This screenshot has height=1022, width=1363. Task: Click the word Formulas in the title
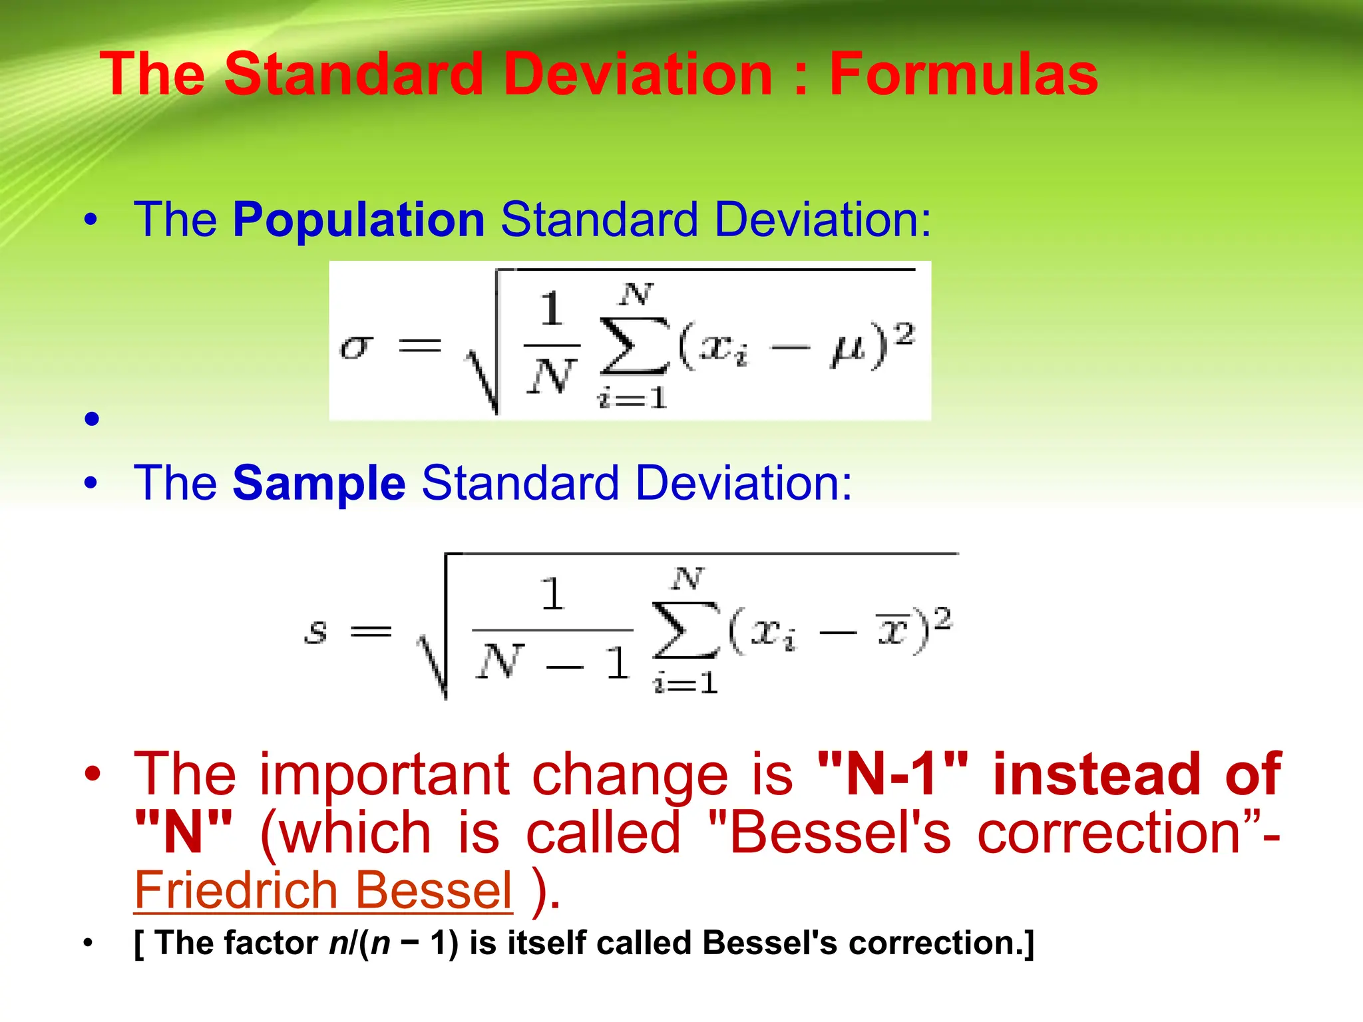(963, 75)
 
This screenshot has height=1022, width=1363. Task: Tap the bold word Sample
(319, 483)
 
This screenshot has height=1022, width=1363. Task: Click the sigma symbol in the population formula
(356, 346)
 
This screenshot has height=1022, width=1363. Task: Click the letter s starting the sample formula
(315, 630)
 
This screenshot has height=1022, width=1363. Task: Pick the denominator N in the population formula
(551, 376)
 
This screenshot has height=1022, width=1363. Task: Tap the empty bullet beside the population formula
(92, 419)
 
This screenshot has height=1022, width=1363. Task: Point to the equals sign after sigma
(419, 346)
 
